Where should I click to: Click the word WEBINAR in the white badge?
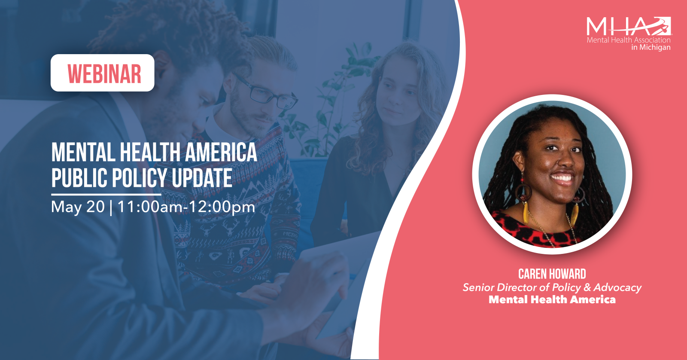pyautogui.click(x=104, y=73)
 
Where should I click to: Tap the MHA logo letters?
pyautogui.click(x=629, y=26)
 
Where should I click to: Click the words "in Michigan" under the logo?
pyautogui.click(x=651, y=47)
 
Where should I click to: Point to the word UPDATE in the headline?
pyautogui.click(x=202, y=178)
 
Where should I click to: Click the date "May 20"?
pyautogui.click(x=78, y=207)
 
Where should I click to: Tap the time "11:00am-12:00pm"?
pyautogui.click(x=186, y=207)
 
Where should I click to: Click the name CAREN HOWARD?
pyautogui.click(x=552, y=274)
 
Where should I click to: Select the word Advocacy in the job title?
pyautogui.click(x=617, y=287)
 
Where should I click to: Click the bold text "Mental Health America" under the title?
pyautogui.click(x=552, y=299)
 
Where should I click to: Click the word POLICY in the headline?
pyautogui.click(x=139, y=178)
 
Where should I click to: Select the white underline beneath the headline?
pyautogui.click(x=106, y=195)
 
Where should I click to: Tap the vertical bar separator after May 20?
pyautogui.click(x=111, y=207)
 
